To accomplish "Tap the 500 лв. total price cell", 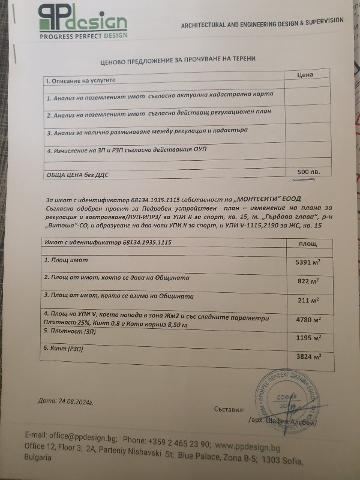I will pos(308,172).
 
